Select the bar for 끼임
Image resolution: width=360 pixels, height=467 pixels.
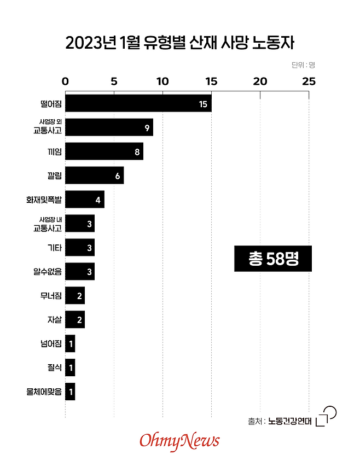104,151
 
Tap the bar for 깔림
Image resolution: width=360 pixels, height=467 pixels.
94,176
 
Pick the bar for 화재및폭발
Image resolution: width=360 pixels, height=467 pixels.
84,200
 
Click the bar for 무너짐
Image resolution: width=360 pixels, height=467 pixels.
75,296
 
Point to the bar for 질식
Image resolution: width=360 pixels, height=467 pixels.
70,368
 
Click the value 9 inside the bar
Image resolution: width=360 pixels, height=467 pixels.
147,128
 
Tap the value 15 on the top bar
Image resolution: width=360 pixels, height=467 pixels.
203,104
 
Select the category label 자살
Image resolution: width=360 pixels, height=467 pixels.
55,320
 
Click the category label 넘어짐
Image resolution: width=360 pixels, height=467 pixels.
51,344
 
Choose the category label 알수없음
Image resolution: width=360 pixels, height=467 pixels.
48,272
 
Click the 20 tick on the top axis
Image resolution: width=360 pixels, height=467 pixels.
260,81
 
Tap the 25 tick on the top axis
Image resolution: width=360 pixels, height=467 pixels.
309,81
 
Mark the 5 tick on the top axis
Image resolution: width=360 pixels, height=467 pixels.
114,81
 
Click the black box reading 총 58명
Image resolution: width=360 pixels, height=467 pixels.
273,259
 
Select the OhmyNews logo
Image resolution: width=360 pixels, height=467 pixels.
179,441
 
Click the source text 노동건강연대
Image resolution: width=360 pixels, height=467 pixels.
289,421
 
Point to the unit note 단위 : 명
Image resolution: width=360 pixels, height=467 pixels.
303,65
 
